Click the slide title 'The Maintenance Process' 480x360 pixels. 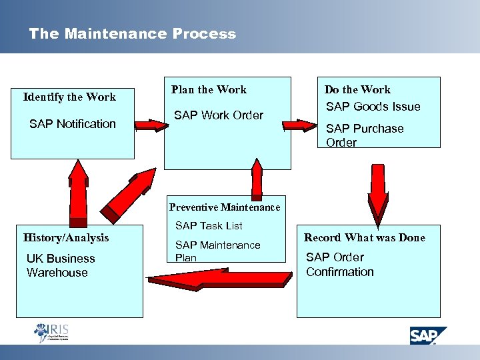click(132, 34)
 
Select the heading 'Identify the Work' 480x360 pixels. click(69, 97)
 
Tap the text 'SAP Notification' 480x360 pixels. click(73, 124)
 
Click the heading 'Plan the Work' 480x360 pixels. click(209, 89)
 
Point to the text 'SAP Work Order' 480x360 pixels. click(219, 115)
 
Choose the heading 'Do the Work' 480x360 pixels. click(357, 89)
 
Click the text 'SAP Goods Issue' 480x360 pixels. click(373, 107)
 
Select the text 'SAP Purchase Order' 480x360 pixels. click(364, 135)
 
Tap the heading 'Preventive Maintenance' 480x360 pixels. click(225, 207)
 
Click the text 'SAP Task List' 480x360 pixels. click(209, 226)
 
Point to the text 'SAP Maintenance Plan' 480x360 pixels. click(217, 251)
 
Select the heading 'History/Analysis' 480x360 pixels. click(66, 237)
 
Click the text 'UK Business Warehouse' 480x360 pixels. click(60, 265)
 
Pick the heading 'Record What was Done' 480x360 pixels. click(364, 237)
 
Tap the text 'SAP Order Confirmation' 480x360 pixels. click(340, 265)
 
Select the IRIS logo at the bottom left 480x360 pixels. click(51, 332)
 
